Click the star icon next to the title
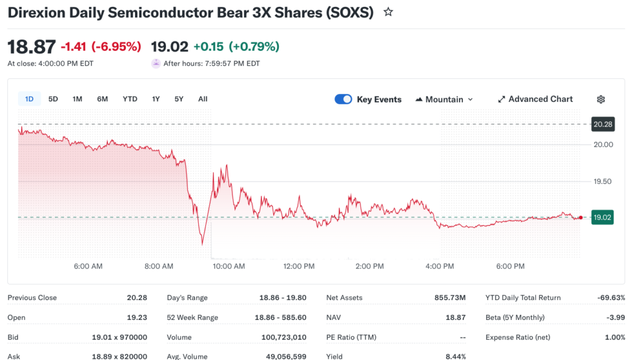388,12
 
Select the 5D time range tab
53,99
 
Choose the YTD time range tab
130,99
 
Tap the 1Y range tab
156,99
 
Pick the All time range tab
202,99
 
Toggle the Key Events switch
343,99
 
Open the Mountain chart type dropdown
444,99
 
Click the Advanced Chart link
535,99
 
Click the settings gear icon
601,99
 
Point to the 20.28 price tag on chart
602,124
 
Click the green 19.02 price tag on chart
602,217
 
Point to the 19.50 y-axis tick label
603,182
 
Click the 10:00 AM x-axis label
228,266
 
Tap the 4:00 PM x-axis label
440,266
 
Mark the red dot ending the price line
581,217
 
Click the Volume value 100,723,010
281,337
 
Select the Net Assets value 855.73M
450,298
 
